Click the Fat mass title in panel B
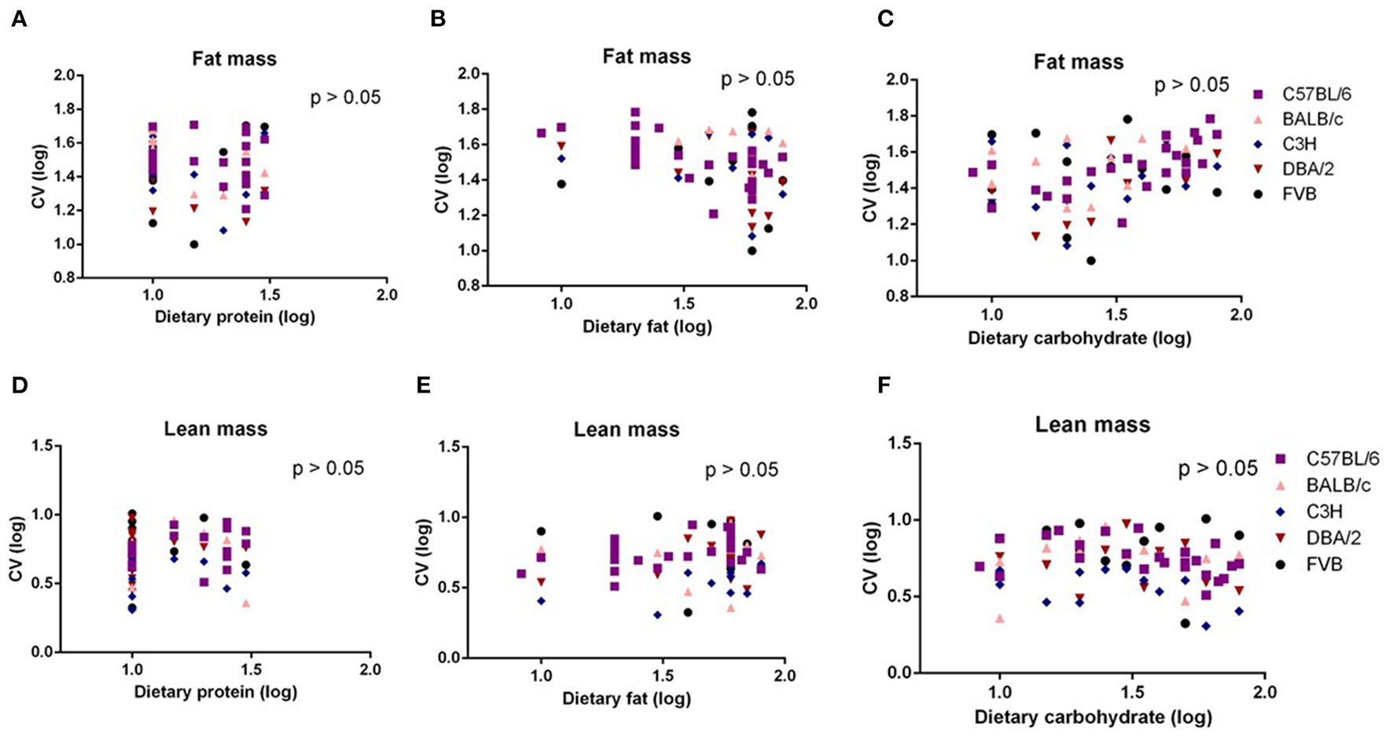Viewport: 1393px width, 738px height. point(646,57)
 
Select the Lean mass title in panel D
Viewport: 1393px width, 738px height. point(215,429)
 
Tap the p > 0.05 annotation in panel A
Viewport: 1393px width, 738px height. point(345,98)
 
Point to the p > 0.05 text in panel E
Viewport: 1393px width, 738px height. point(741,470)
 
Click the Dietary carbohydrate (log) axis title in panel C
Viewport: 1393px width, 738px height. point(1079,339)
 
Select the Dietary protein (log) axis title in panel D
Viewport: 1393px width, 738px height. point(215,692)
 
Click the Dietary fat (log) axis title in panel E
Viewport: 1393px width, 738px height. point(627,699)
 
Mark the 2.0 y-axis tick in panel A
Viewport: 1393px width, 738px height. point(64,76)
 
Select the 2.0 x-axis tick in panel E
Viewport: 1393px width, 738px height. point(785,675)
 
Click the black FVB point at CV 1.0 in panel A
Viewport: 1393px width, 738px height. point(194,244)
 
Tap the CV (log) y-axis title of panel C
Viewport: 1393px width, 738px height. point(869,189)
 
